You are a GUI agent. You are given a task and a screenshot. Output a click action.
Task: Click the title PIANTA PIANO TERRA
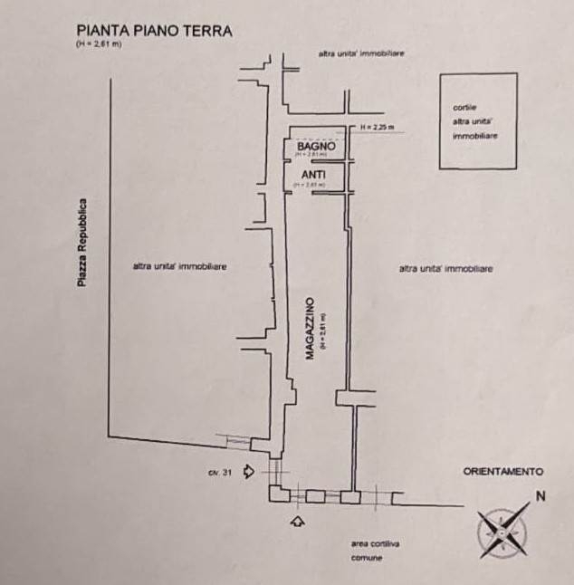point(154,30)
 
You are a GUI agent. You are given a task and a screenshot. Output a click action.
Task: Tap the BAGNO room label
point(316,146)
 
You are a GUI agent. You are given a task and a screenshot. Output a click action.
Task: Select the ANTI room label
point(313,174)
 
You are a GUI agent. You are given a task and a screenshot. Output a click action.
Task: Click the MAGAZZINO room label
point(309,328)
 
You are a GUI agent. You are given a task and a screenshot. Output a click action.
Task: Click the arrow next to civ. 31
point(249,472)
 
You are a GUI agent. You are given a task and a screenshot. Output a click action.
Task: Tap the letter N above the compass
point(540,495)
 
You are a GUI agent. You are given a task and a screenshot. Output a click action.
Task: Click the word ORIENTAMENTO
point(502,472)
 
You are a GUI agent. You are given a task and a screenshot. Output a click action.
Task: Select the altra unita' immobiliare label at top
point(360,54)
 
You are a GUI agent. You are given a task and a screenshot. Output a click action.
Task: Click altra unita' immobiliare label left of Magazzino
point(179,266)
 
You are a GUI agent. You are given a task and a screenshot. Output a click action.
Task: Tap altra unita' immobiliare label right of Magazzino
point(445,269)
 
